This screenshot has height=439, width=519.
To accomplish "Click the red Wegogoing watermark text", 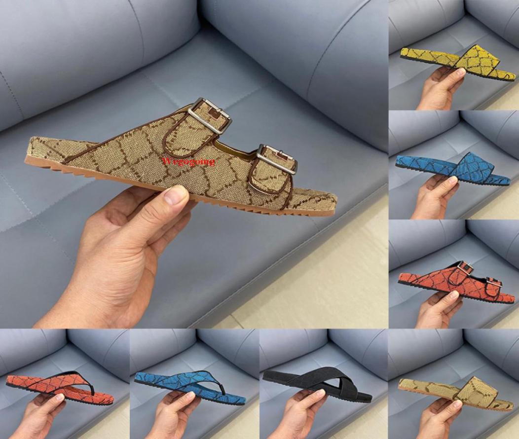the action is tap(188, 161).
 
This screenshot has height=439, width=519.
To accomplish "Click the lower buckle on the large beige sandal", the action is tap(277, 159).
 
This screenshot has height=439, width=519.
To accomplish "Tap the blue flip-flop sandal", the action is tap(190, 384).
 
